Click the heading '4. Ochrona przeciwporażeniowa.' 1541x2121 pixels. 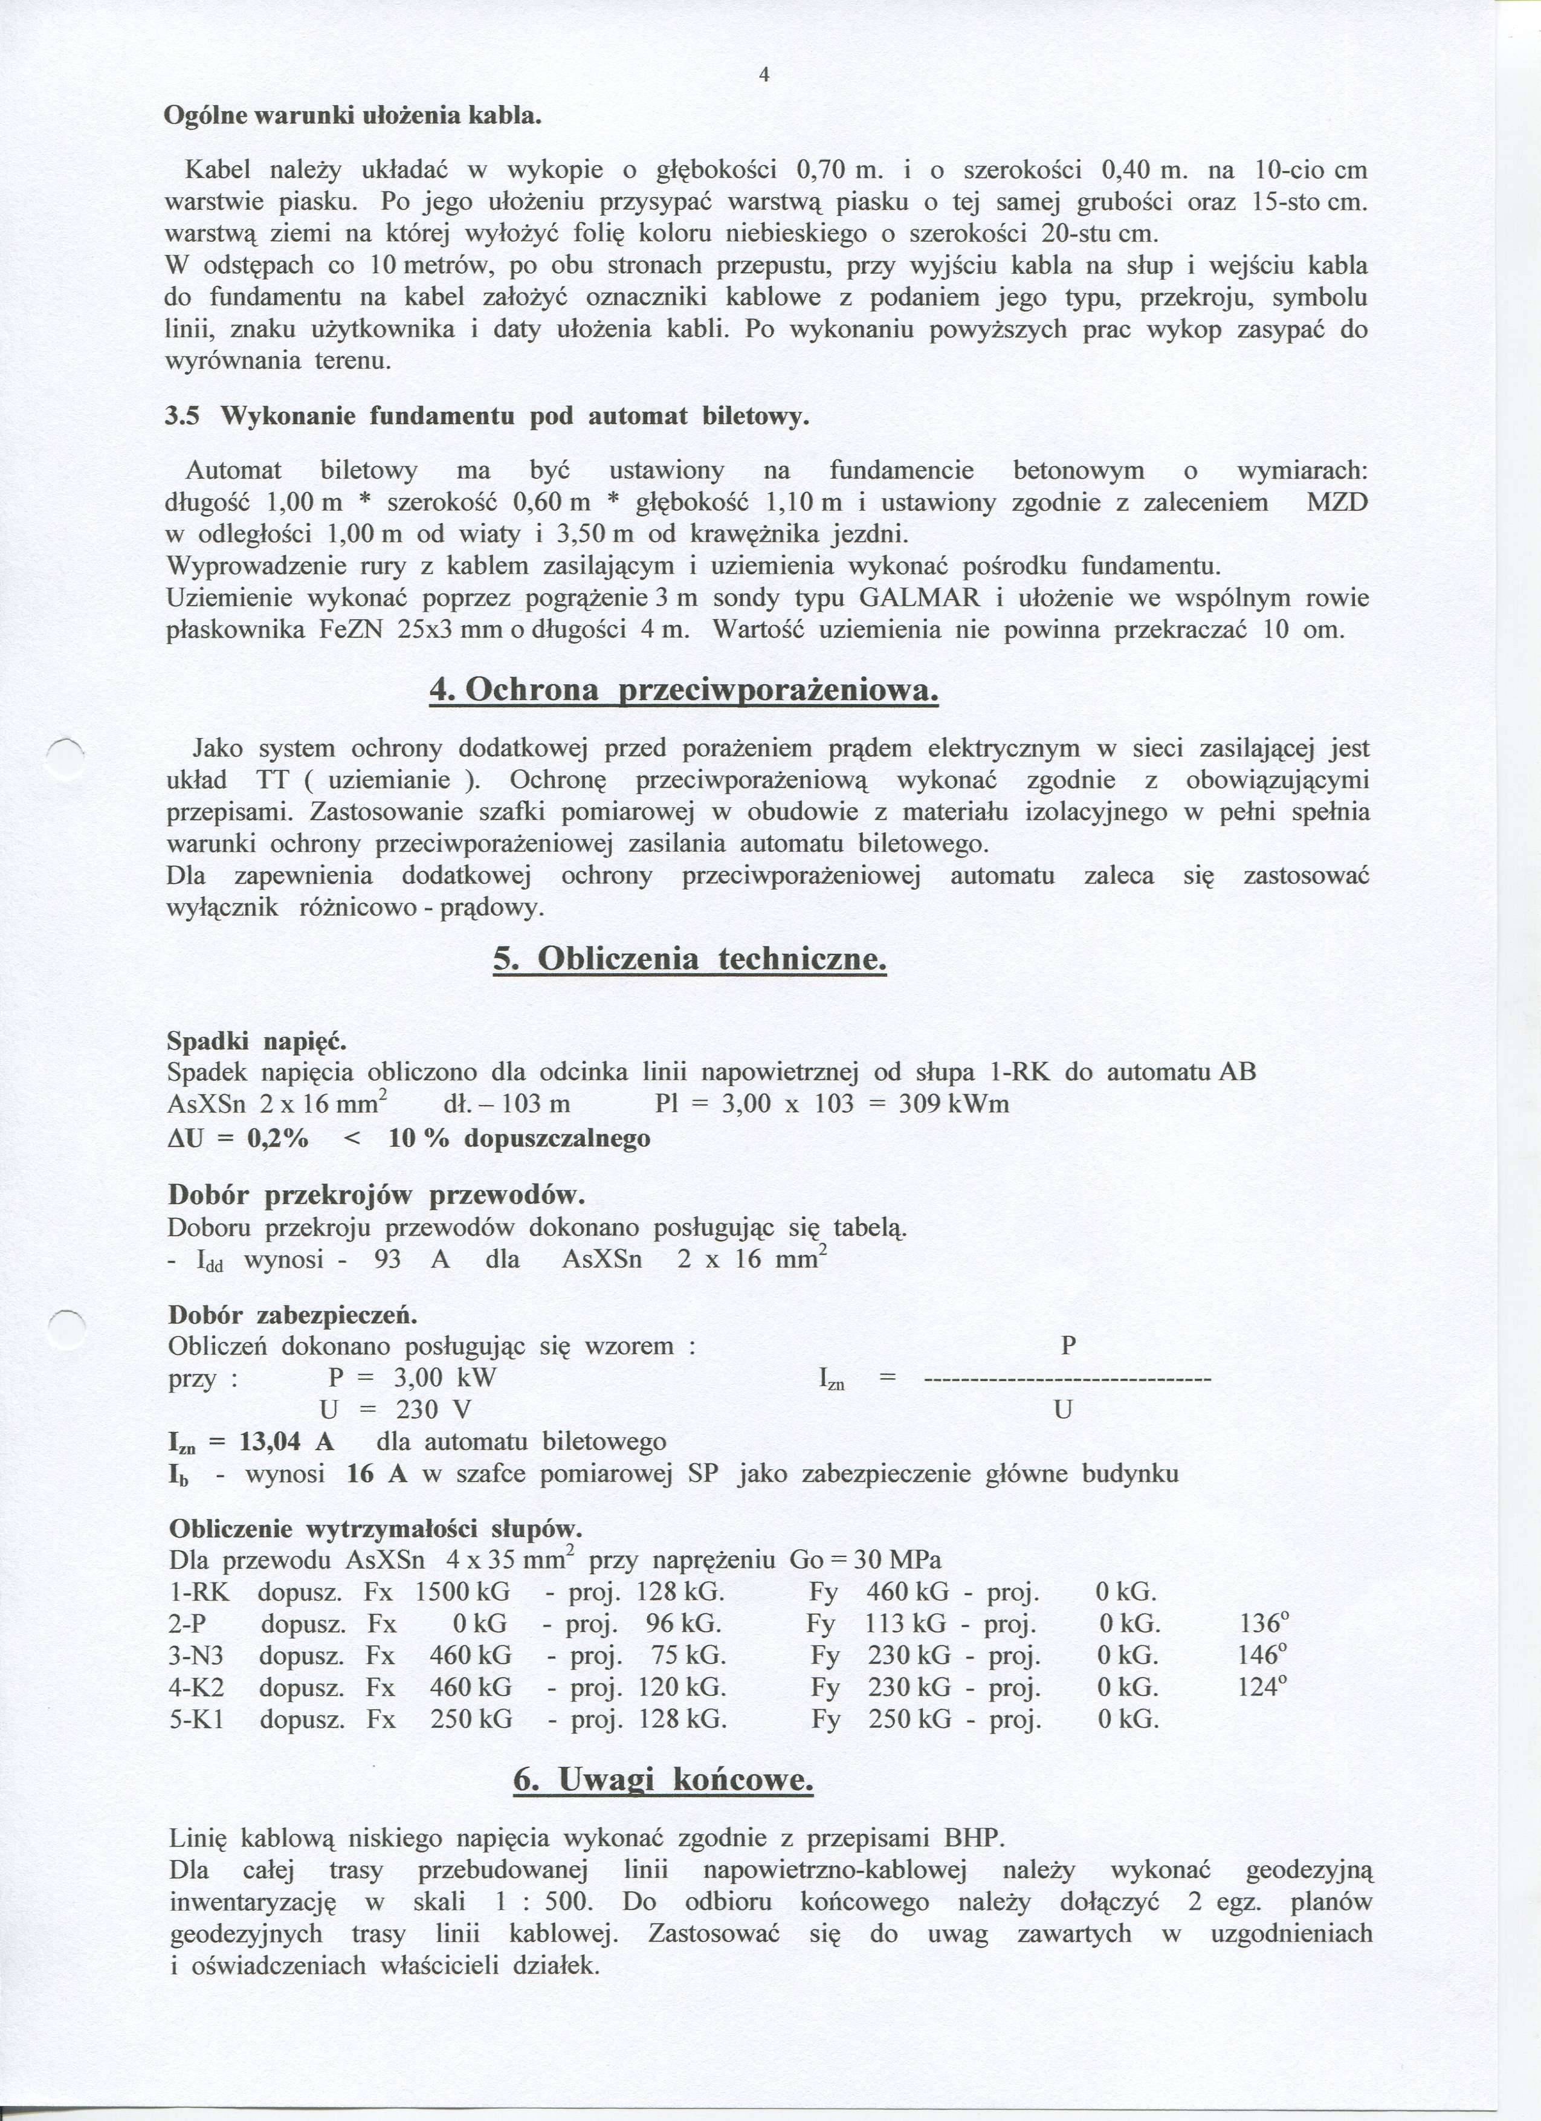click(x=683, y=691)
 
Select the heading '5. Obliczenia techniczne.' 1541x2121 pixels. click(x=689, y=959)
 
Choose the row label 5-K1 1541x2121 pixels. click(x=196, y=1719)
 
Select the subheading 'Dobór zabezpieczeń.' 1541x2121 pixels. click(x=292, y=1315)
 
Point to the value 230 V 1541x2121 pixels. click(x=433, y=1410)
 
